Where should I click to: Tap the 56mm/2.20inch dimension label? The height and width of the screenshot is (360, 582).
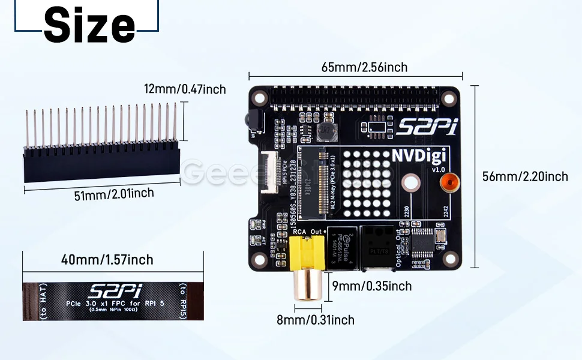tap(525, 176)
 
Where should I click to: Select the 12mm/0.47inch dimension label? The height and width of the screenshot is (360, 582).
tap(185, 89)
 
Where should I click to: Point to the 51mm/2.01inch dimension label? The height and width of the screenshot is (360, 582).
tap(114, 194)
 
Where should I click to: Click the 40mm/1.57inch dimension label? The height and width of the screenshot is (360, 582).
tap(107, 260)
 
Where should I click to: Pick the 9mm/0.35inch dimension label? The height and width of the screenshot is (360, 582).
tap(373, 286)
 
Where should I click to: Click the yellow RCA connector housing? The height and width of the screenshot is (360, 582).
tap(307, 251)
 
